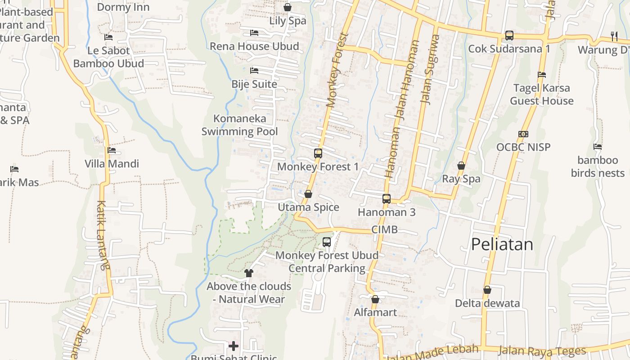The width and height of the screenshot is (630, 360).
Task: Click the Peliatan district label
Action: pos(502,244)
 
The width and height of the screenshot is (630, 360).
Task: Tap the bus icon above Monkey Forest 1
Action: pos(318,153)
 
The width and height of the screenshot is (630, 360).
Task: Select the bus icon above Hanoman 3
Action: pos(386,198)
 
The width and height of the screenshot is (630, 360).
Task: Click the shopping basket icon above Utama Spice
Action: pos(308,194)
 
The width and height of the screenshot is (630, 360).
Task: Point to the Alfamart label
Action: pos(375,312)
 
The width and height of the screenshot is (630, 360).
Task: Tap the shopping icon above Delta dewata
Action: pos(487,290)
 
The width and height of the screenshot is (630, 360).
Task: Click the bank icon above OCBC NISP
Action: pos(523,134)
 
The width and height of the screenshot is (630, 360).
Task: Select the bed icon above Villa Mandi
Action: pos(112,150)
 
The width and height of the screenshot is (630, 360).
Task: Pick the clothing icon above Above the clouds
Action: pos(248,273)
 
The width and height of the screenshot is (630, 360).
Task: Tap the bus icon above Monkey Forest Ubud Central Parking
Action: pos(327,242)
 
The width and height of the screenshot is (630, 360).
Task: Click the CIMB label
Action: pos(384,229)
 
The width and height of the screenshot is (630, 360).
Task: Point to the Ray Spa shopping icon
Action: pos(461,166)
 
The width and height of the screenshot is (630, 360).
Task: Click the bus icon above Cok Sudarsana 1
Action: pos(509,35)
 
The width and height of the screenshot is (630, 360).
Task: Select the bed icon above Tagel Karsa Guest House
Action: pos(542,75)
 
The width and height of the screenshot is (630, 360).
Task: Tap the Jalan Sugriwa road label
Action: pos(430,70)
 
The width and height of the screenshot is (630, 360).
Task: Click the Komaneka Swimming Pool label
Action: pos(239,125)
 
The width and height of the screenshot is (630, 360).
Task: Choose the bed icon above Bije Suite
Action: pos(254,71)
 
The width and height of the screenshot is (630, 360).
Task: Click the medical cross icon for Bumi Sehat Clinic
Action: pos(234,346)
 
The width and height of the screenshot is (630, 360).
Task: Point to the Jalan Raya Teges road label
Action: pos(542,351)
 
